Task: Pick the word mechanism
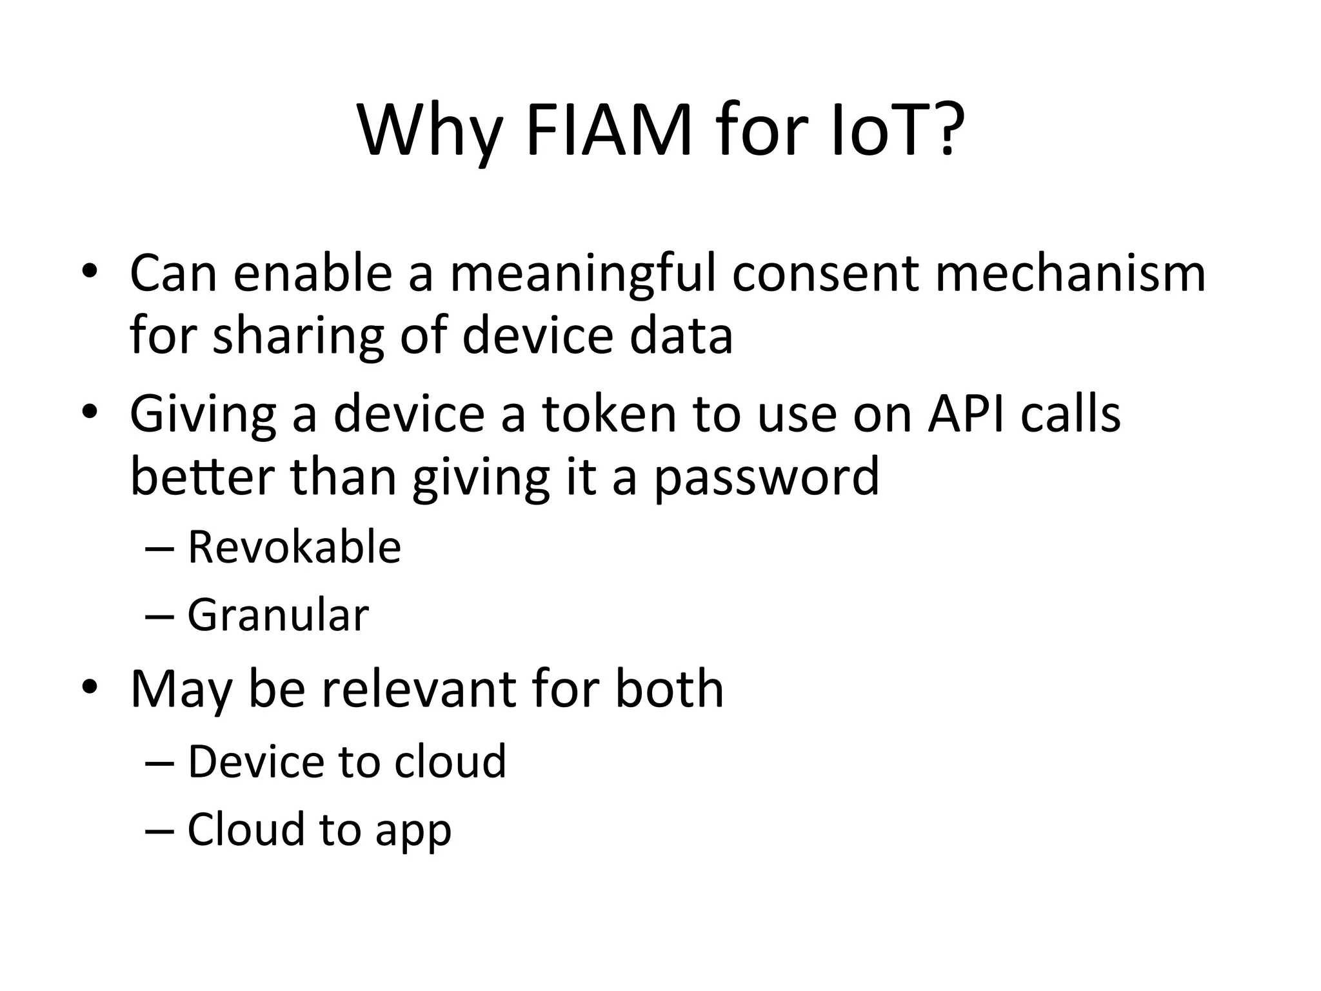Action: (1069, 274)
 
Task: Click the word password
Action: (766, 477)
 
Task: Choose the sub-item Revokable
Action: (294, 547)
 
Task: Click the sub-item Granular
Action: (278, 615)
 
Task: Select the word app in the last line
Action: (413, 831)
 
